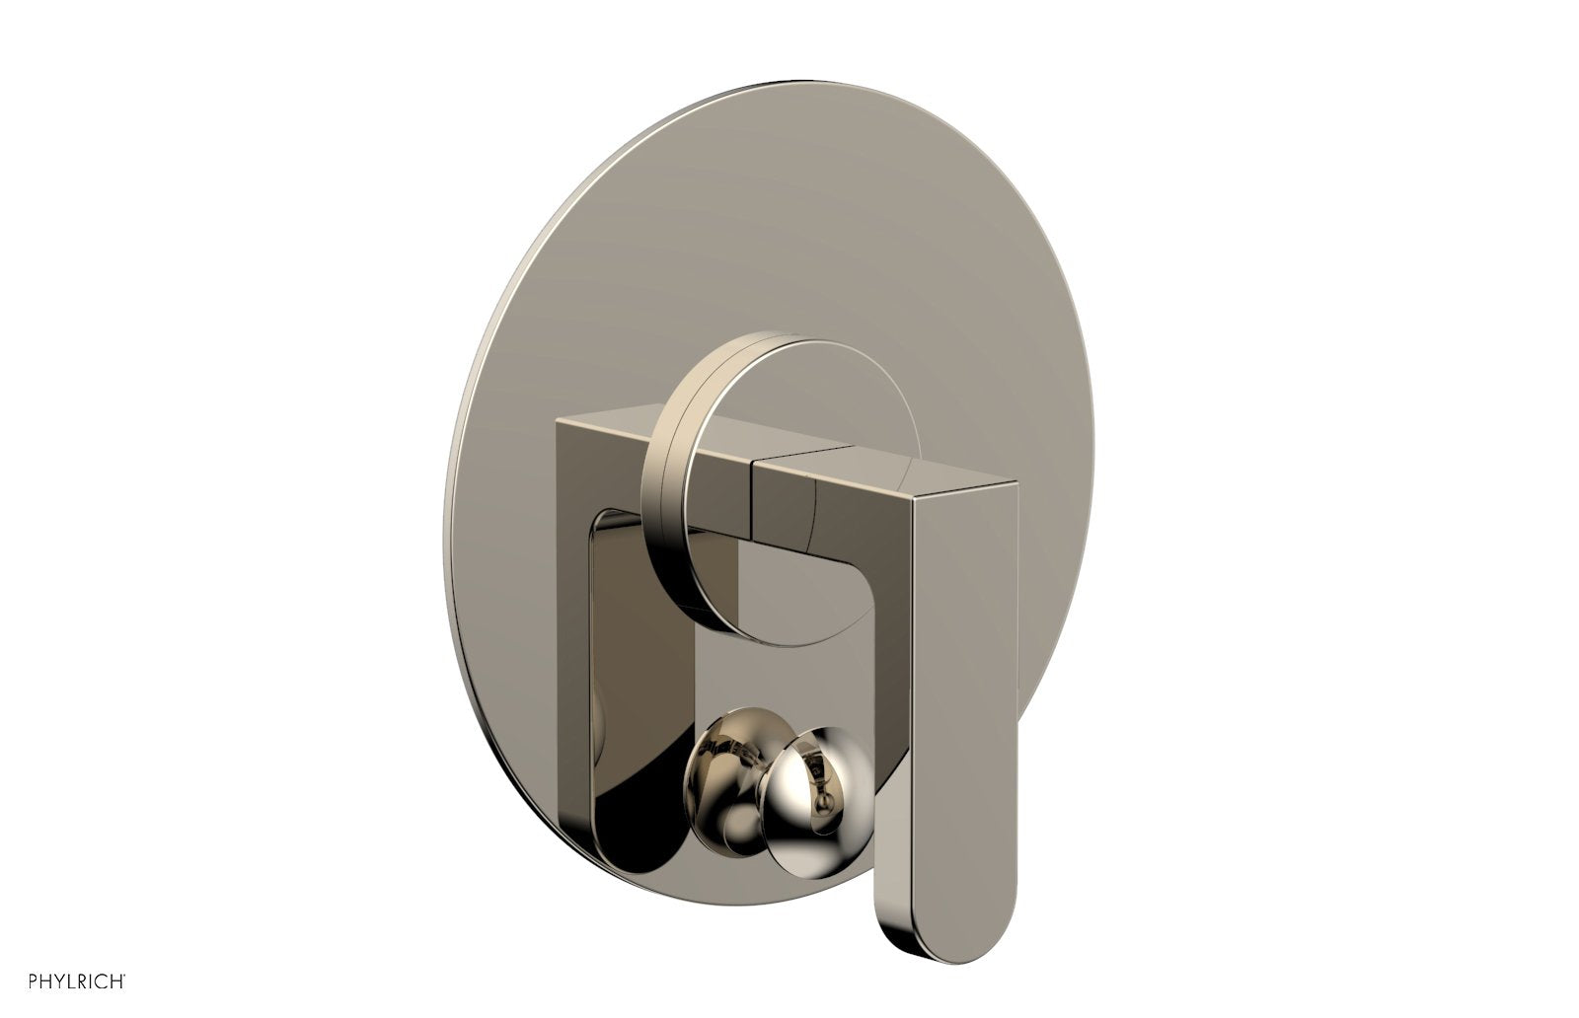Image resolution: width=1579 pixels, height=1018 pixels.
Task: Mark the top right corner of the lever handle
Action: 1015,483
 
